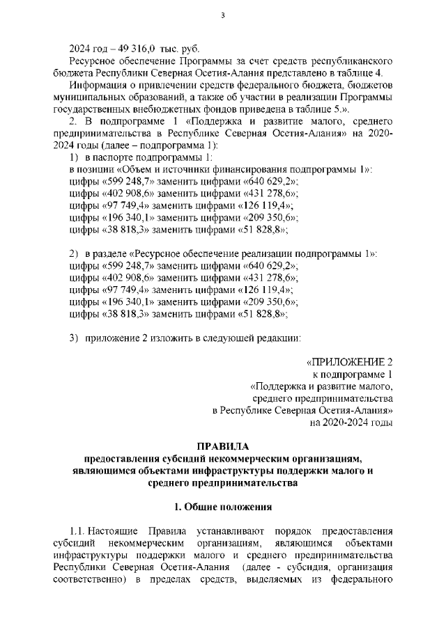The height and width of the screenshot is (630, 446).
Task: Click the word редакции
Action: (x=276, y=338)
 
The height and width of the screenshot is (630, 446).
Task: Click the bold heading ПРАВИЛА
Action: (x=223, y=446)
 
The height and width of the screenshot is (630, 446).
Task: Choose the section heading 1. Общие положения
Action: (x=222, y=507)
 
